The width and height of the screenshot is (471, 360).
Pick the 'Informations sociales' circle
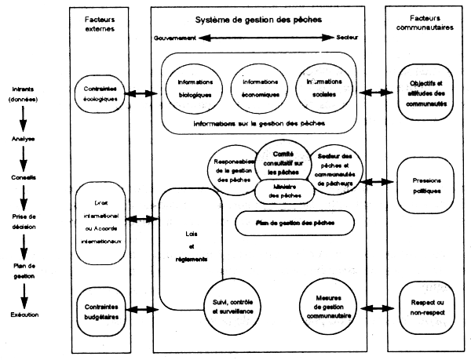[x=321, y=84]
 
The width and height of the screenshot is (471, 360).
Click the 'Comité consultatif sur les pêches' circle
[x=274, y=161]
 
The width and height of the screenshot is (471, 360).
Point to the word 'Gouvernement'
[x=177, y=38]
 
